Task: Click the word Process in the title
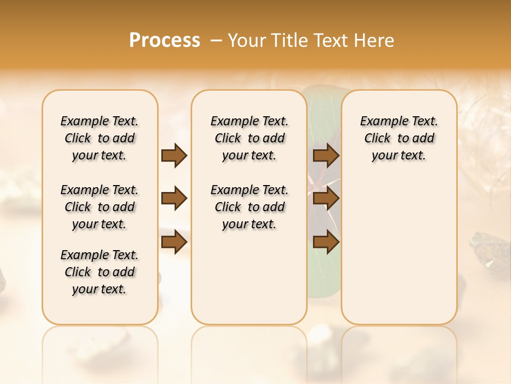point(164,41)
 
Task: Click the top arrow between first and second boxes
point(174,155)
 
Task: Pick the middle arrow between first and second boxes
point(174,199)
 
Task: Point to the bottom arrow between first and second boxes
point(174,243)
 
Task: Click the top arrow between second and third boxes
point(326,155)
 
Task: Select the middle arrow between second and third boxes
point(326,199)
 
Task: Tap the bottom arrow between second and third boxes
point(326,243)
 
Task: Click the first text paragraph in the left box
point(100,138)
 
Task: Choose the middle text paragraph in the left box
point(100,207)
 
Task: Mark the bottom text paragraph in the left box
point(100,272)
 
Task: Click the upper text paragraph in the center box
point(250,138)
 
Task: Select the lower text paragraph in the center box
point(250,207)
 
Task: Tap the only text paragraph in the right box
point(399,138)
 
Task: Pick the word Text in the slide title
point(331,41)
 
